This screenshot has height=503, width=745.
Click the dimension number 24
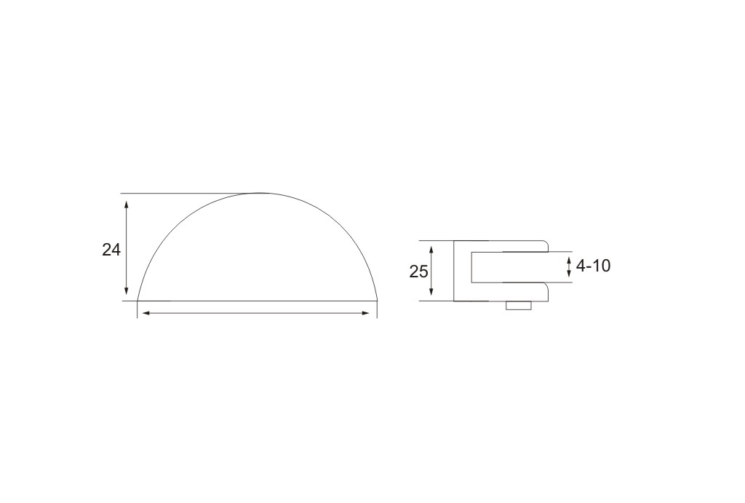click(x=111, y=250)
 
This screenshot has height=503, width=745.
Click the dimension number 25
click(x=418, y=272)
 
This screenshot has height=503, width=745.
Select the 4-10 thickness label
click(x=593, y=266)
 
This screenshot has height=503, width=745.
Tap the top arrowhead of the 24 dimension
click(x=127, y=205)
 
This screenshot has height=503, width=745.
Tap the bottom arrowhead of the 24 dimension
click(x=127, y=290)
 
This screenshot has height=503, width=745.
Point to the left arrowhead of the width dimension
click(x=147, y=313)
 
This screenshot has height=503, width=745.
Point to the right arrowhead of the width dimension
click(x=365, y=313)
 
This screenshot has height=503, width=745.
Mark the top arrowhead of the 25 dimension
click(x=431, y=250)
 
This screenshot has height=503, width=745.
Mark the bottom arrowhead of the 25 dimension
click(x=431, y=291)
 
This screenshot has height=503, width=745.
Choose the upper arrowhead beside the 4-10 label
click(x=569, y=260)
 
